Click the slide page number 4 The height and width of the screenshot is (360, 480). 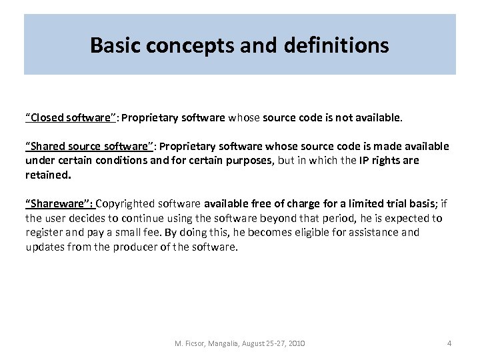[x=449, y=343]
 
